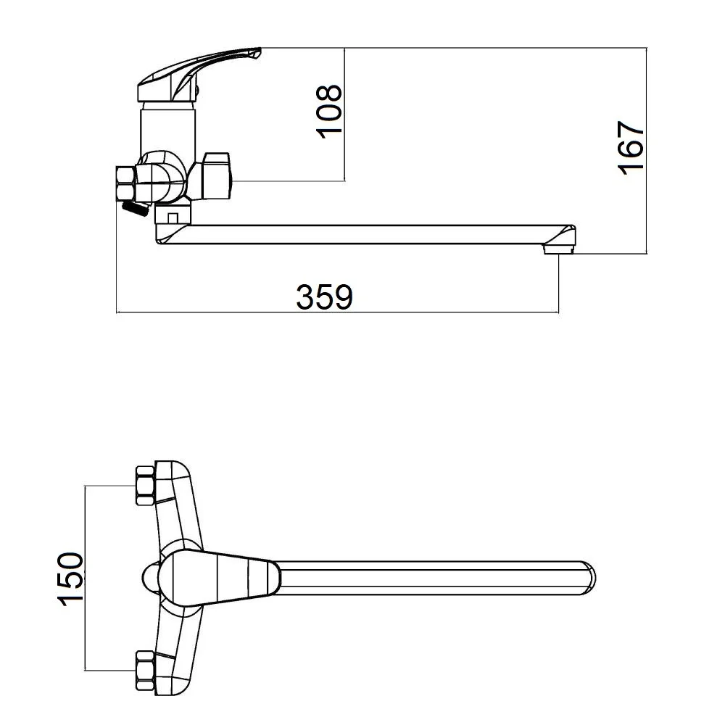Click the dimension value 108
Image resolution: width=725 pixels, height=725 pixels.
point(328,112)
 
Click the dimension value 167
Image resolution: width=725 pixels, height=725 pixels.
point(631,148)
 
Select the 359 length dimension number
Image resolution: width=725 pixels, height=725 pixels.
point(324,297)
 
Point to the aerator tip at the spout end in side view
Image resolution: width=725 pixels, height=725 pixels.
point(558,250)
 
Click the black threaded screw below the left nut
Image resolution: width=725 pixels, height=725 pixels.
point(135,210)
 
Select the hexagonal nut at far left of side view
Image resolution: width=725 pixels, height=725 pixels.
point(125,184)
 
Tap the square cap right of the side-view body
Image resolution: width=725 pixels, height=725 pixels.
point(215,175)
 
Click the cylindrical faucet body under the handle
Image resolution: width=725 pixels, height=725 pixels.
point(168,127)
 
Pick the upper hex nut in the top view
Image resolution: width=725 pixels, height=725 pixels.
point(144,486)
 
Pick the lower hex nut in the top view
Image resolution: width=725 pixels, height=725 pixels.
point(144,671)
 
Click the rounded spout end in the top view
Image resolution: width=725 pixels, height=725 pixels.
point(588,578)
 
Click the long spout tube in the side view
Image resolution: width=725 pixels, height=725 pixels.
point(365,234)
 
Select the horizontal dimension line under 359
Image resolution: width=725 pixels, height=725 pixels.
point(338,312)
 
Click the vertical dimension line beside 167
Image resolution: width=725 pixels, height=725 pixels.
point(647,151)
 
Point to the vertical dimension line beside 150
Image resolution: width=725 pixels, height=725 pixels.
point(85,578)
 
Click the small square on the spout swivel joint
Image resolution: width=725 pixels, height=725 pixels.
point(173,217)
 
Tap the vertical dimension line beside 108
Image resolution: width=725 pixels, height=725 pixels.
point(345,115)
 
